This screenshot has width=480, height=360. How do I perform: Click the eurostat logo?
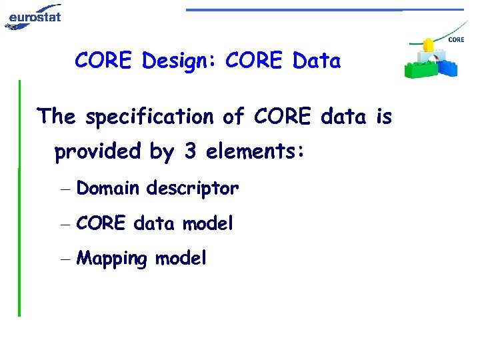click(x=33, y=15)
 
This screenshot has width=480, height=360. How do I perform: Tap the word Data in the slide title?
click(x=316, y=61)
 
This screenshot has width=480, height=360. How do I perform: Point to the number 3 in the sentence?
click(x=190, y=152)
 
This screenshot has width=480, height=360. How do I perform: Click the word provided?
click(x=98, y=153)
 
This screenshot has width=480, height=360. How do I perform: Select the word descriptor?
click(x=192, y=189)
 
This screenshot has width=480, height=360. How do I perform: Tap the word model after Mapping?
click(x=181, y=258)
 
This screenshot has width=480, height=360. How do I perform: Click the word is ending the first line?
click(x=384, y=117)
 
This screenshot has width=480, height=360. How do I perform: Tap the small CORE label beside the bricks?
click(x=457, y=40)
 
